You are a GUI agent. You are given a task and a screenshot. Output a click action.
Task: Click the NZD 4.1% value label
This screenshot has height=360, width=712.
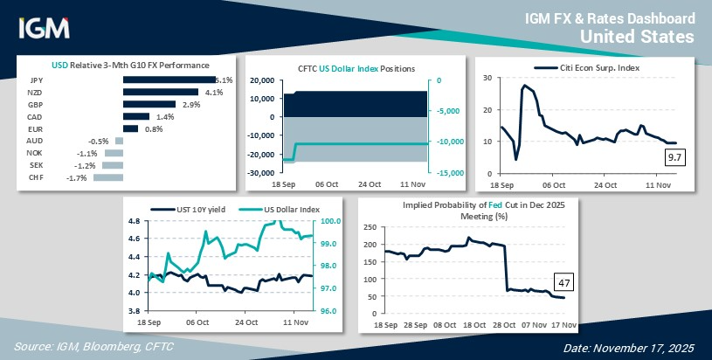[x=214, y=92]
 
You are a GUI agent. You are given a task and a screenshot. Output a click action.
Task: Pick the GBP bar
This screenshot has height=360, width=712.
[x=149, y=104]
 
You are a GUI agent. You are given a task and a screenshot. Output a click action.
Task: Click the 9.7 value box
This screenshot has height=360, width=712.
[x=674, y=157]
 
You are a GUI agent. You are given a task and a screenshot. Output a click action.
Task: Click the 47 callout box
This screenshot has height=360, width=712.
[x=563, y=281]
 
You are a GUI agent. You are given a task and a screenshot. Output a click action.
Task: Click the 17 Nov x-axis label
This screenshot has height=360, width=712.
[x=561, y=324]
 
